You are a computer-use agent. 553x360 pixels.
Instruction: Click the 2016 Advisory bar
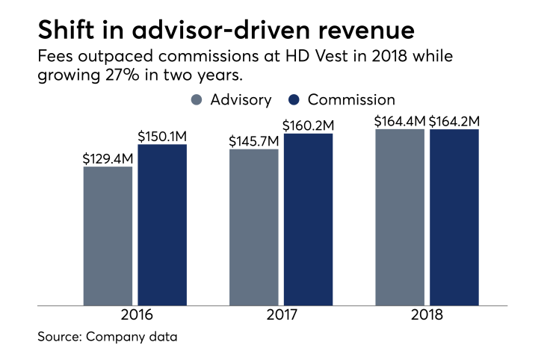[108, 235]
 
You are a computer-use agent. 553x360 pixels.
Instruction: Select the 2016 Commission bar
[162, 224]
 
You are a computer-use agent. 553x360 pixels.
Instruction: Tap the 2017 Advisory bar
[254, 227]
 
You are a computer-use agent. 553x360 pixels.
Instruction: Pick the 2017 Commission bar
[308, 219]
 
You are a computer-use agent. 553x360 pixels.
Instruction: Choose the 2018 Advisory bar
[400, 217]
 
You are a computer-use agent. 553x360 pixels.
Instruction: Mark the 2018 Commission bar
[454, 217]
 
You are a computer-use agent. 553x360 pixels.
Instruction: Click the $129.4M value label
[108, 158]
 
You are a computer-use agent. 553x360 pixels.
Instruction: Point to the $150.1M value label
[162, 136]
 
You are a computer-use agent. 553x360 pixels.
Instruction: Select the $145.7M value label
[254, 141]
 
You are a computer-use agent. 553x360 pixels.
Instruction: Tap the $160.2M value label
[308, 125]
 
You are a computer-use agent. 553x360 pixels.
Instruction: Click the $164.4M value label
[400, 120]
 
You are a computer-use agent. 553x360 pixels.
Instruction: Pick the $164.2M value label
[454, 120]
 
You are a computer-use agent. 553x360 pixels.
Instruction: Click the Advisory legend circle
[197, 99]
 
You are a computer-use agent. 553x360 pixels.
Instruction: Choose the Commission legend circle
[294, 99]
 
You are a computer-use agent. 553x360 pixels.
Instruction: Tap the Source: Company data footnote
[108, 338]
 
